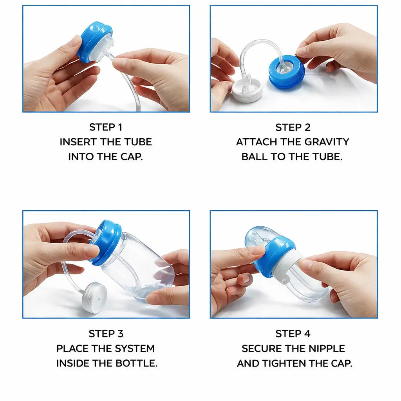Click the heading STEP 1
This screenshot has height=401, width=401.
106,127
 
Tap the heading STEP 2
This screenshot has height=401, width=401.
293,127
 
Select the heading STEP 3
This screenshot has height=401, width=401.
106,334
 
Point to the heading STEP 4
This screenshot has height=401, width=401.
293,334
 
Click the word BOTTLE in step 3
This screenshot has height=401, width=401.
136,363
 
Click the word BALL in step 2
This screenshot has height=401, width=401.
255,157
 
